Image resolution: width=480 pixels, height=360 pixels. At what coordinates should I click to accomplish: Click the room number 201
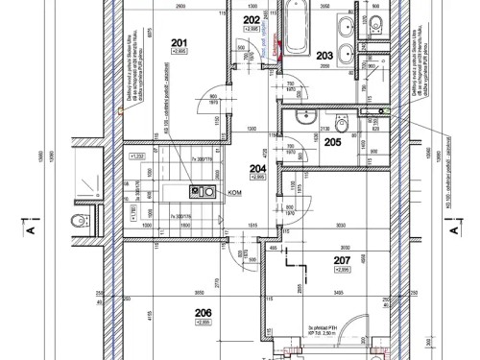[x=180, y=41]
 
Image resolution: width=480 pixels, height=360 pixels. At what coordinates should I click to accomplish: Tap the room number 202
[x=251, y=19]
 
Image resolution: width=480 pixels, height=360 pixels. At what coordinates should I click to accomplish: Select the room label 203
[x=324, y=56]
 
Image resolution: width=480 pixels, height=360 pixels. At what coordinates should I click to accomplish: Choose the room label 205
[x=331, y=142]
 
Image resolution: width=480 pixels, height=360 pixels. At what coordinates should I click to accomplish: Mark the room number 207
[x=341, y=260]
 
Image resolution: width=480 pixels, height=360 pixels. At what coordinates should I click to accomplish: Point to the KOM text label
[x=233, y=192]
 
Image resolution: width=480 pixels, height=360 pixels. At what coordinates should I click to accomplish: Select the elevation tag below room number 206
[x=203, y=323]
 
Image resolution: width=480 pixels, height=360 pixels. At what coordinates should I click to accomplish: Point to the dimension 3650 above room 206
[x=200, y=292]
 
